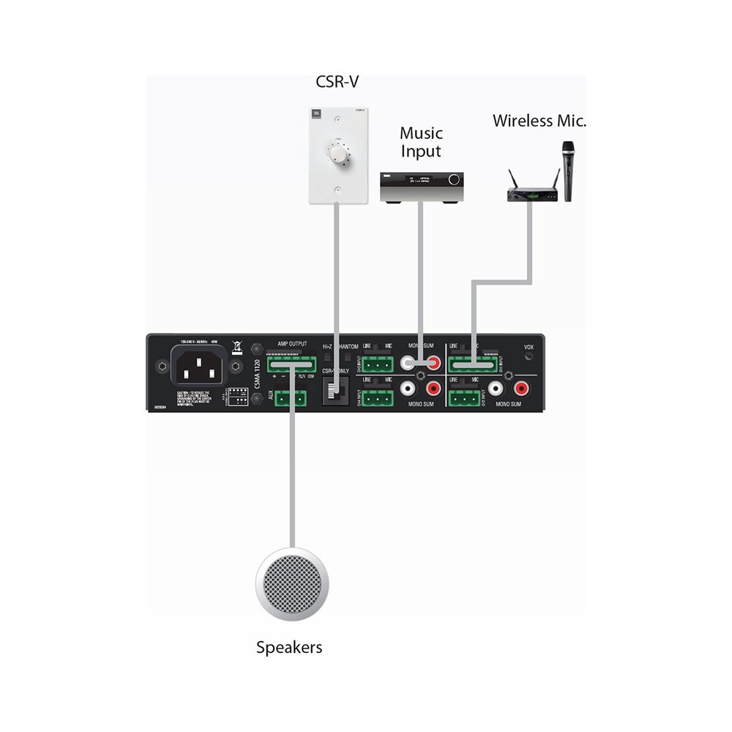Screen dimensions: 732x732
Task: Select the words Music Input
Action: [421, 142]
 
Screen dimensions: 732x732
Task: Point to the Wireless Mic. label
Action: [539, 121]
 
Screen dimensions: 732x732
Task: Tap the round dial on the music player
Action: [455, 180]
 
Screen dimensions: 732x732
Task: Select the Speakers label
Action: [289, 647]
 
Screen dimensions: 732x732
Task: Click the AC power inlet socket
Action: [198, 365]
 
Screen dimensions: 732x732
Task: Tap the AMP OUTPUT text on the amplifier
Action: [292, 343]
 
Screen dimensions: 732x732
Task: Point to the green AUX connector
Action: [291, 397]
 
